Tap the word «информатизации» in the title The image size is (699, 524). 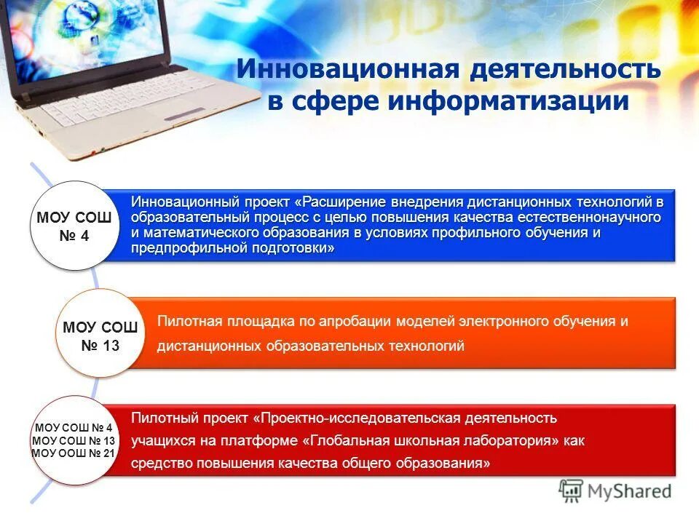pyautogui.click(x=508, y=101)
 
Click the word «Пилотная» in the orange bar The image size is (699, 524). pyautogui.click(x=186, y=321)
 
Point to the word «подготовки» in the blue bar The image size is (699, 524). pyautogui.click(x=298, y=248)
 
